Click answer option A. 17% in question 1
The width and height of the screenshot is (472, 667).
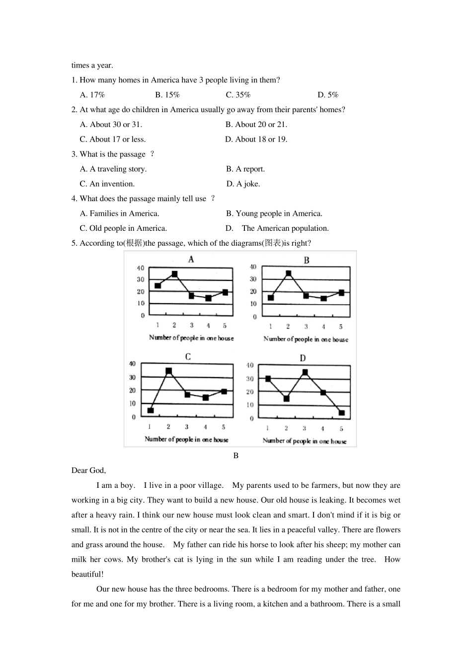[x=92, y=95]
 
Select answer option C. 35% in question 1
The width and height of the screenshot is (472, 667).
[x=238, y=95]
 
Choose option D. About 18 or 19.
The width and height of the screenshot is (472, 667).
[x=256, y=139]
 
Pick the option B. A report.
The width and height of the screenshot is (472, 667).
[x=245, y=169]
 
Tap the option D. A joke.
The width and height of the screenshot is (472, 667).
[x=243, y=184]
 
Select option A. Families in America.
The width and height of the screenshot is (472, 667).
[x=120, y=214]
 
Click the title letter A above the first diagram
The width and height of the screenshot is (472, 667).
[x=191, y=259]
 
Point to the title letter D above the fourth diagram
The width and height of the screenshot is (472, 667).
[x=303, y=358]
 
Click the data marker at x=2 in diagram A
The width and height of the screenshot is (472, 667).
[x=174, y=274]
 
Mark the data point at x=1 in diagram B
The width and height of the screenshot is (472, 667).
[x=271, y=298]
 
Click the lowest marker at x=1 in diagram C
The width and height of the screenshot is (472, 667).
[x=151, y=410]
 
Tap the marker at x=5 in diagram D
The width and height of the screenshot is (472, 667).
[x=341, y=413]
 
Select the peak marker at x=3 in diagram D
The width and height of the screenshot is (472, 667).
[x=305, y=372]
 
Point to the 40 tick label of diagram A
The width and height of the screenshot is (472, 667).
[x=141, y=268]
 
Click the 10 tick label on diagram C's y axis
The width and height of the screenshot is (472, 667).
[x=133, y=403]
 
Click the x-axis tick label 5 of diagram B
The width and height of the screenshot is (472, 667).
[x=341, y=327]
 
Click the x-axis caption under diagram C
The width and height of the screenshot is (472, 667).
[x=186, y=439]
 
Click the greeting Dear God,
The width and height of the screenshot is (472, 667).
[x=88, y=470]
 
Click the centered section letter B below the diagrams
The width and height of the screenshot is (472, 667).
[x=236, y=456]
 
